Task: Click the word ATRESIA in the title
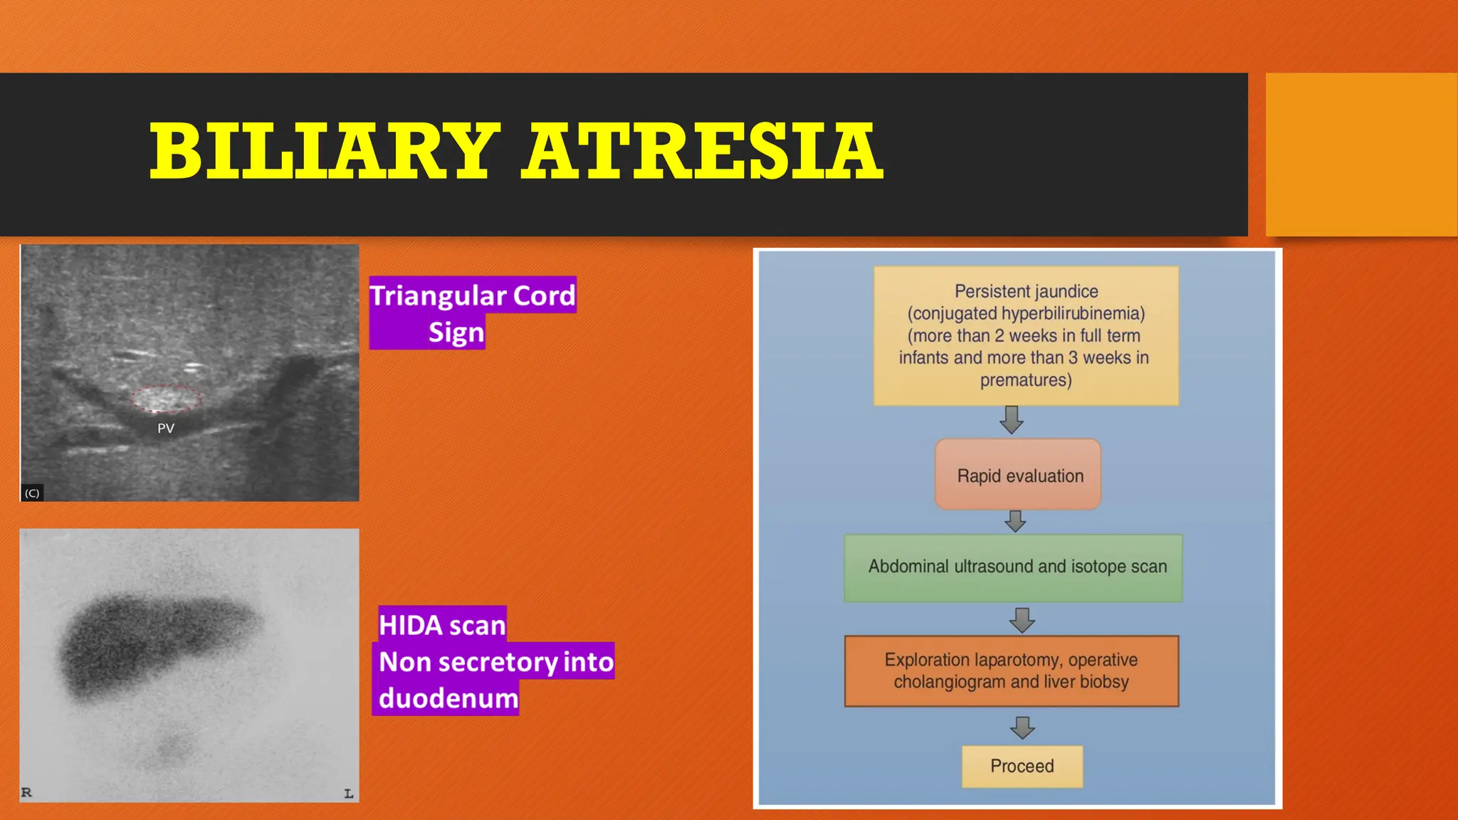click(701, 152)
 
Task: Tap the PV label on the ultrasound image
click(165, 429)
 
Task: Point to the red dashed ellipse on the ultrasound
click(166, 399)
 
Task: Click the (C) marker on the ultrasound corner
click(32, 493)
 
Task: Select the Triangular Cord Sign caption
click(471, 313)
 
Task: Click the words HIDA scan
click(441, 625)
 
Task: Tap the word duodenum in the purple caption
click(448, 698)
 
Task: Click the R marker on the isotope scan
click(26, 792)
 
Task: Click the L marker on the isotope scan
click(348, 793)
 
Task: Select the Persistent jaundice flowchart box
click(1025, 335)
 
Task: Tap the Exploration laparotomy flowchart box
click(1011, 671)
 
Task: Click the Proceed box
click(1022, 766)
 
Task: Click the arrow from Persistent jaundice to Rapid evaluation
click(1012, 420)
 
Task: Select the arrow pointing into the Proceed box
click(1022, 727)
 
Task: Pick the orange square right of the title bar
click(1360, 154)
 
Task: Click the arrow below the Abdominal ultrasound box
click(1022, 619)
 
